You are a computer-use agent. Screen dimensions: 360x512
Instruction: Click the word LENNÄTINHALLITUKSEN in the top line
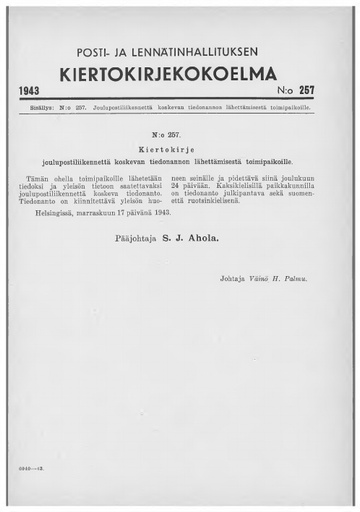tap(220, 52)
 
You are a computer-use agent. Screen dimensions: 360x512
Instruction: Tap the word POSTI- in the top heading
tap(106, 52)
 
